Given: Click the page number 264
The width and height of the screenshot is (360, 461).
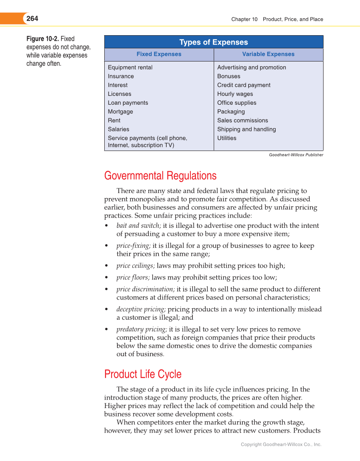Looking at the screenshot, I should pos(32,19).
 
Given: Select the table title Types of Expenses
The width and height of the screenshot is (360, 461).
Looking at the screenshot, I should pos(213,42).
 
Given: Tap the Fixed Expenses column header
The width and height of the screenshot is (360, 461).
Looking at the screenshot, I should pos(159,54).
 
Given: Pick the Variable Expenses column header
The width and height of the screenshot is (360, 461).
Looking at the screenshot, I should pos(268,54).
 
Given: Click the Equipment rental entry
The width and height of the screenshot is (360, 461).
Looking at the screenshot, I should pos(130,67).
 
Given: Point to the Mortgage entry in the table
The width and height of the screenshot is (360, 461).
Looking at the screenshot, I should pos(120,112).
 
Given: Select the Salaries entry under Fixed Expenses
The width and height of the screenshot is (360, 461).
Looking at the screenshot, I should pos(119,129).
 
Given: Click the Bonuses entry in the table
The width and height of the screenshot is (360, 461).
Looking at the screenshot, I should pos(229,76).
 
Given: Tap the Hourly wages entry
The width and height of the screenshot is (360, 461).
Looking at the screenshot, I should pos(235,94).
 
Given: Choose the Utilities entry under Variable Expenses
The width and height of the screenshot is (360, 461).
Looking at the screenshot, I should pos(227,138).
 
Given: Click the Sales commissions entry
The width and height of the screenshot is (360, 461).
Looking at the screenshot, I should pos(243,120).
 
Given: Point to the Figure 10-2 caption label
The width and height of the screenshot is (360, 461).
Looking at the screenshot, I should pos(42,39).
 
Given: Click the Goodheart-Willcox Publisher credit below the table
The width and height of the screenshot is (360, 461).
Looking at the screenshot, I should pos(296,155).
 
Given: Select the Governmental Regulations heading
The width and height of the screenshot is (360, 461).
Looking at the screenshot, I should pos(160,176).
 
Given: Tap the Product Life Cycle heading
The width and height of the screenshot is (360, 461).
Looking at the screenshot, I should pos(143,374).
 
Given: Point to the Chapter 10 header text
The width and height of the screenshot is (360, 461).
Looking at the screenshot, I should pos(244,19).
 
